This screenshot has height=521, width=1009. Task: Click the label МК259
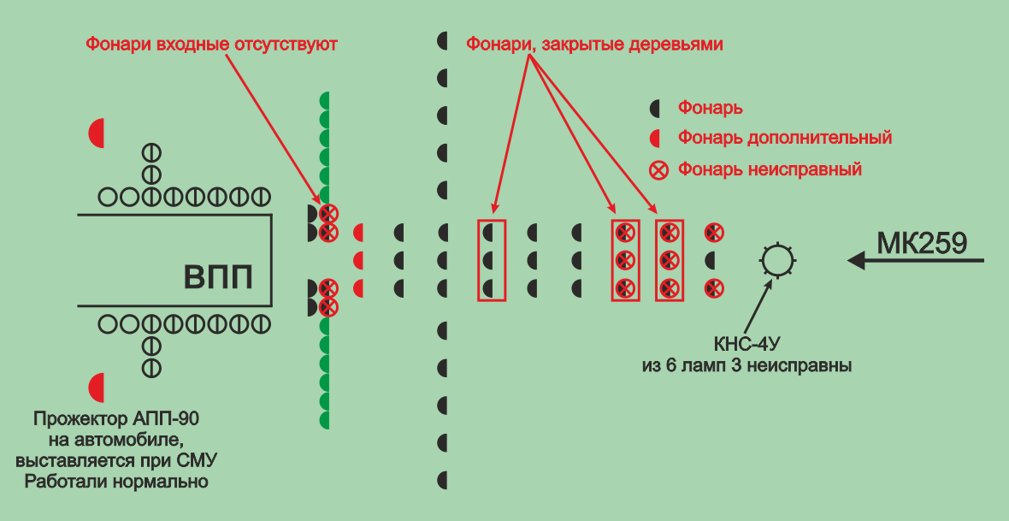pyautogui.click(x=922, y=243)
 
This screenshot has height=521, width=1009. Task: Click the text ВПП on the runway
pyautogui.click(x=219, y=278)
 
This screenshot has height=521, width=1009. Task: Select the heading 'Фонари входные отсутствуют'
pyautogui.click(x=210, y=43)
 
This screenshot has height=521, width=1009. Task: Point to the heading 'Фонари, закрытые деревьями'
pyautogui.click(x=594, y=44)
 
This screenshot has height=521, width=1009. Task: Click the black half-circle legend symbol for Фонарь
pyautogui.click(x=656, y=109)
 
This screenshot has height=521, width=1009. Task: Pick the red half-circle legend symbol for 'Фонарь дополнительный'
pyautogui.click(x=656, y=138)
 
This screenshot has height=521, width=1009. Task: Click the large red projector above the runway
pyautogui.click(x=97, y=133)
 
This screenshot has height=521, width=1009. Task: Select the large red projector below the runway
pyautogui.click(x=97, y=388)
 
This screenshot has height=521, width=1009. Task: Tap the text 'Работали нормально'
pyautogui.click(x=116, y=481)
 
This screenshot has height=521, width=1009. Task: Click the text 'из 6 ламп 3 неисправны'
pyautogui.click(x=746, y=366)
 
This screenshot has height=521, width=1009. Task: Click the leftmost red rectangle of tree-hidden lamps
pyautogui.click(x=492, y=260)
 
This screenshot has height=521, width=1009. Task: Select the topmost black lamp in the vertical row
pyautogui.click(x=443, y=40)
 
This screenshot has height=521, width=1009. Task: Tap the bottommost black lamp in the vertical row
pyautogui.click(x=443, y=479)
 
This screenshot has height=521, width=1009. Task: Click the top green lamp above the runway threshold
pyautogui.click(x=325, y=101)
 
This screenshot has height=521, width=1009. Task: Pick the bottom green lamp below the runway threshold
pyautogui.click(x=325, y=420)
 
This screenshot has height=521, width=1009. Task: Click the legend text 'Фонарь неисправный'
pyautogui.click(x=769, y=169)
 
